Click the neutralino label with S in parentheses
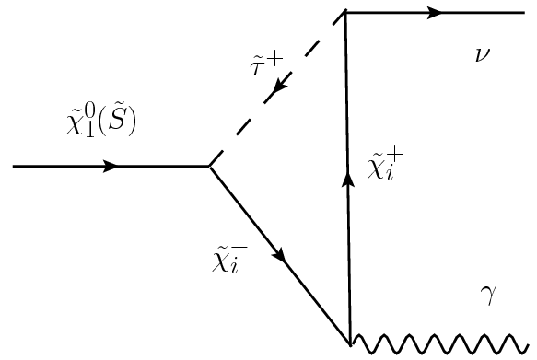pyautogui.click(x=99, y=123)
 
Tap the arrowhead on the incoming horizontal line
pyautogui.click(x=110, y=167)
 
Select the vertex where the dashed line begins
pyautogui.click(x=210, y=167)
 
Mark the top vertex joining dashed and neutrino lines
pyautogui.click(x=345, y=13)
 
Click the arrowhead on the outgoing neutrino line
pyautogui.click(x=436, y=13)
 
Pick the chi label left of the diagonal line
pyautogui.click(x=230, y=261)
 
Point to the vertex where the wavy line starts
pyautogui.click(x=351, y=344)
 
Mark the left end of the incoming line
pyautogui.click(x=13, y=167)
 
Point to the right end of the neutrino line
pyautogui.click(x=523, y=13)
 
